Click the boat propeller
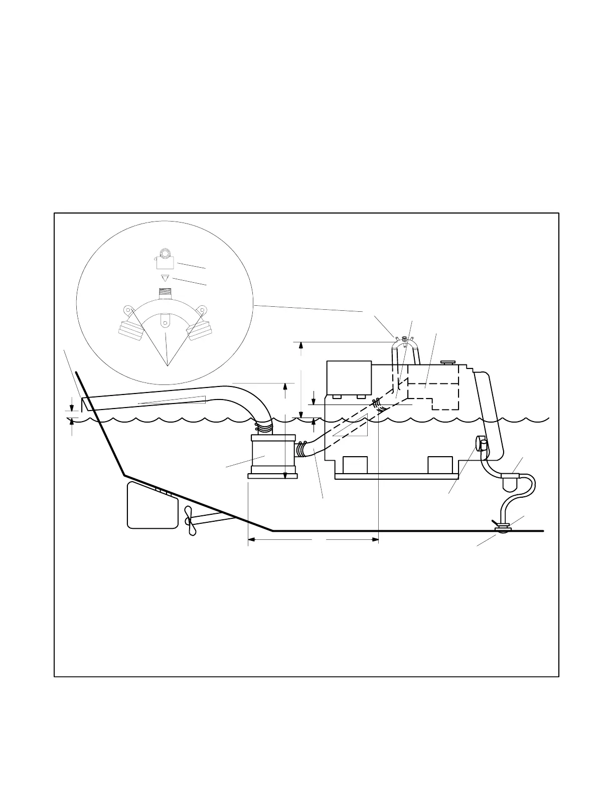point(189,521)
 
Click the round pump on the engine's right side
point(481,444)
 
